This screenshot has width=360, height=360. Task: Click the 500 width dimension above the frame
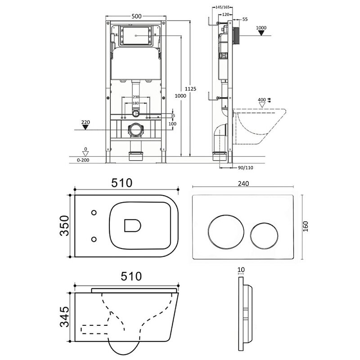tap(136, 16)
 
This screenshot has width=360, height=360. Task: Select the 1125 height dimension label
tap(190, 89)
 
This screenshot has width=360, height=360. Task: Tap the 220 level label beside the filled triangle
tap(85, 122)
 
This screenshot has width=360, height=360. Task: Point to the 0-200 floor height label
tap(83, 160)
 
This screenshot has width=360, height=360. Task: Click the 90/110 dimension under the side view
tap(245, 168)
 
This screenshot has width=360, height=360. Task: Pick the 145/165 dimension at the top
tap(222, 7)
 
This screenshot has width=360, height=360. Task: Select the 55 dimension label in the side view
tap(245, 19)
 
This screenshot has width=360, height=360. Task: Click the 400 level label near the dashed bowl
tap(262, 100)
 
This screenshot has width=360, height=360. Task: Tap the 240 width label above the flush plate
tap(243, 184)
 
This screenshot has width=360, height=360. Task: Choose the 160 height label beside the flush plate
tap(306, 226)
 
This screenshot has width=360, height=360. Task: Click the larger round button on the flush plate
tap(226, 232)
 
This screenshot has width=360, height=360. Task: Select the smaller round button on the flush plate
tap(264, 236)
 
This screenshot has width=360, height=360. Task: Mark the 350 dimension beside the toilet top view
tap(64, 226)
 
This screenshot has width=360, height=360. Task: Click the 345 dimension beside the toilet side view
tap(64, 317)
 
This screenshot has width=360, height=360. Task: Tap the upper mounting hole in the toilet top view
tap(94, 212)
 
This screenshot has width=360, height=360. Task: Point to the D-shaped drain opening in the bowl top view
tap(132, 225)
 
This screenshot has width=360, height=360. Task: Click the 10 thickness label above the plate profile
tap(241, 270)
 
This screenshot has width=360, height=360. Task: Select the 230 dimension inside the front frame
tap(136, 97)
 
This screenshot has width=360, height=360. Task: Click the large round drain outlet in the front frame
tap(136, 130)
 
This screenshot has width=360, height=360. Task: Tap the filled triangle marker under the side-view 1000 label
tap(261, 33)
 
